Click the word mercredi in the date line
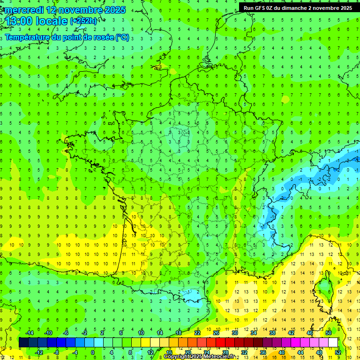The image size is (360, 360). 23,10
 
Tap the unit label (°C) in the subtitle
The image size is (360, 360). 122,37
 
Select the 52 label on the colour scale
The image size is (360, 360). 338,352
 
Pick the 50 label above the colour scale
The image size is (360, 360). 329,333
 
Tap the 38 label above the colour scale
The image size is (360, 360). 272,333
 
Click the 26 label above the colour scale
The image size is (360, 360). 216,333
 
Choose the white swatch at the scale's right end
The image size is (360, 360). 333,343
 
